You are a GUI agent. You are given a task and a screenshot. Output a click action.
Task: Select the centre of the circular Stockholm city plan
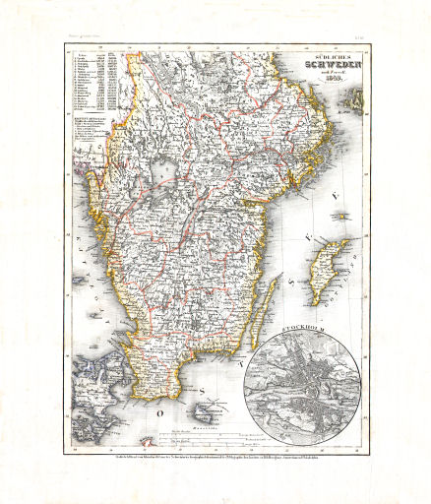pyautogui.click(x=306, y=378)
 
